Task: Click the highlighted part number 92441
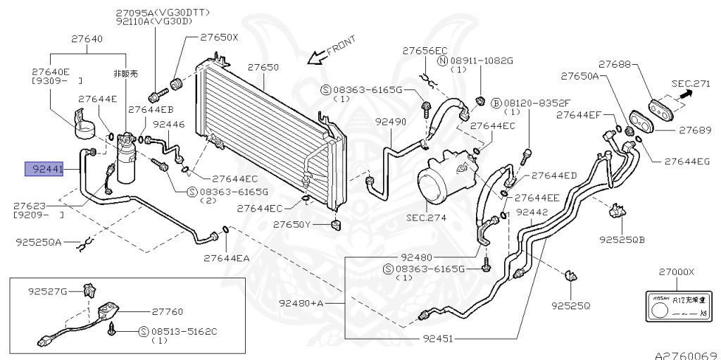[x=44, y=169]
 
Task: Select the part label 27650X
[x=219, y=37]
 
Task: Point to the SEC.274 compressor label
[x=426, y=218]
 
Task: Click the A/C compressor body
[x=442, y=181]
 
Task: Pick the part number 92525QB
[x=622, y=240]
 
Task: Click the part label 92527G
[x=48, y=290]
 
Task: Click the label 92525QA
[x=39, y=242]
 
